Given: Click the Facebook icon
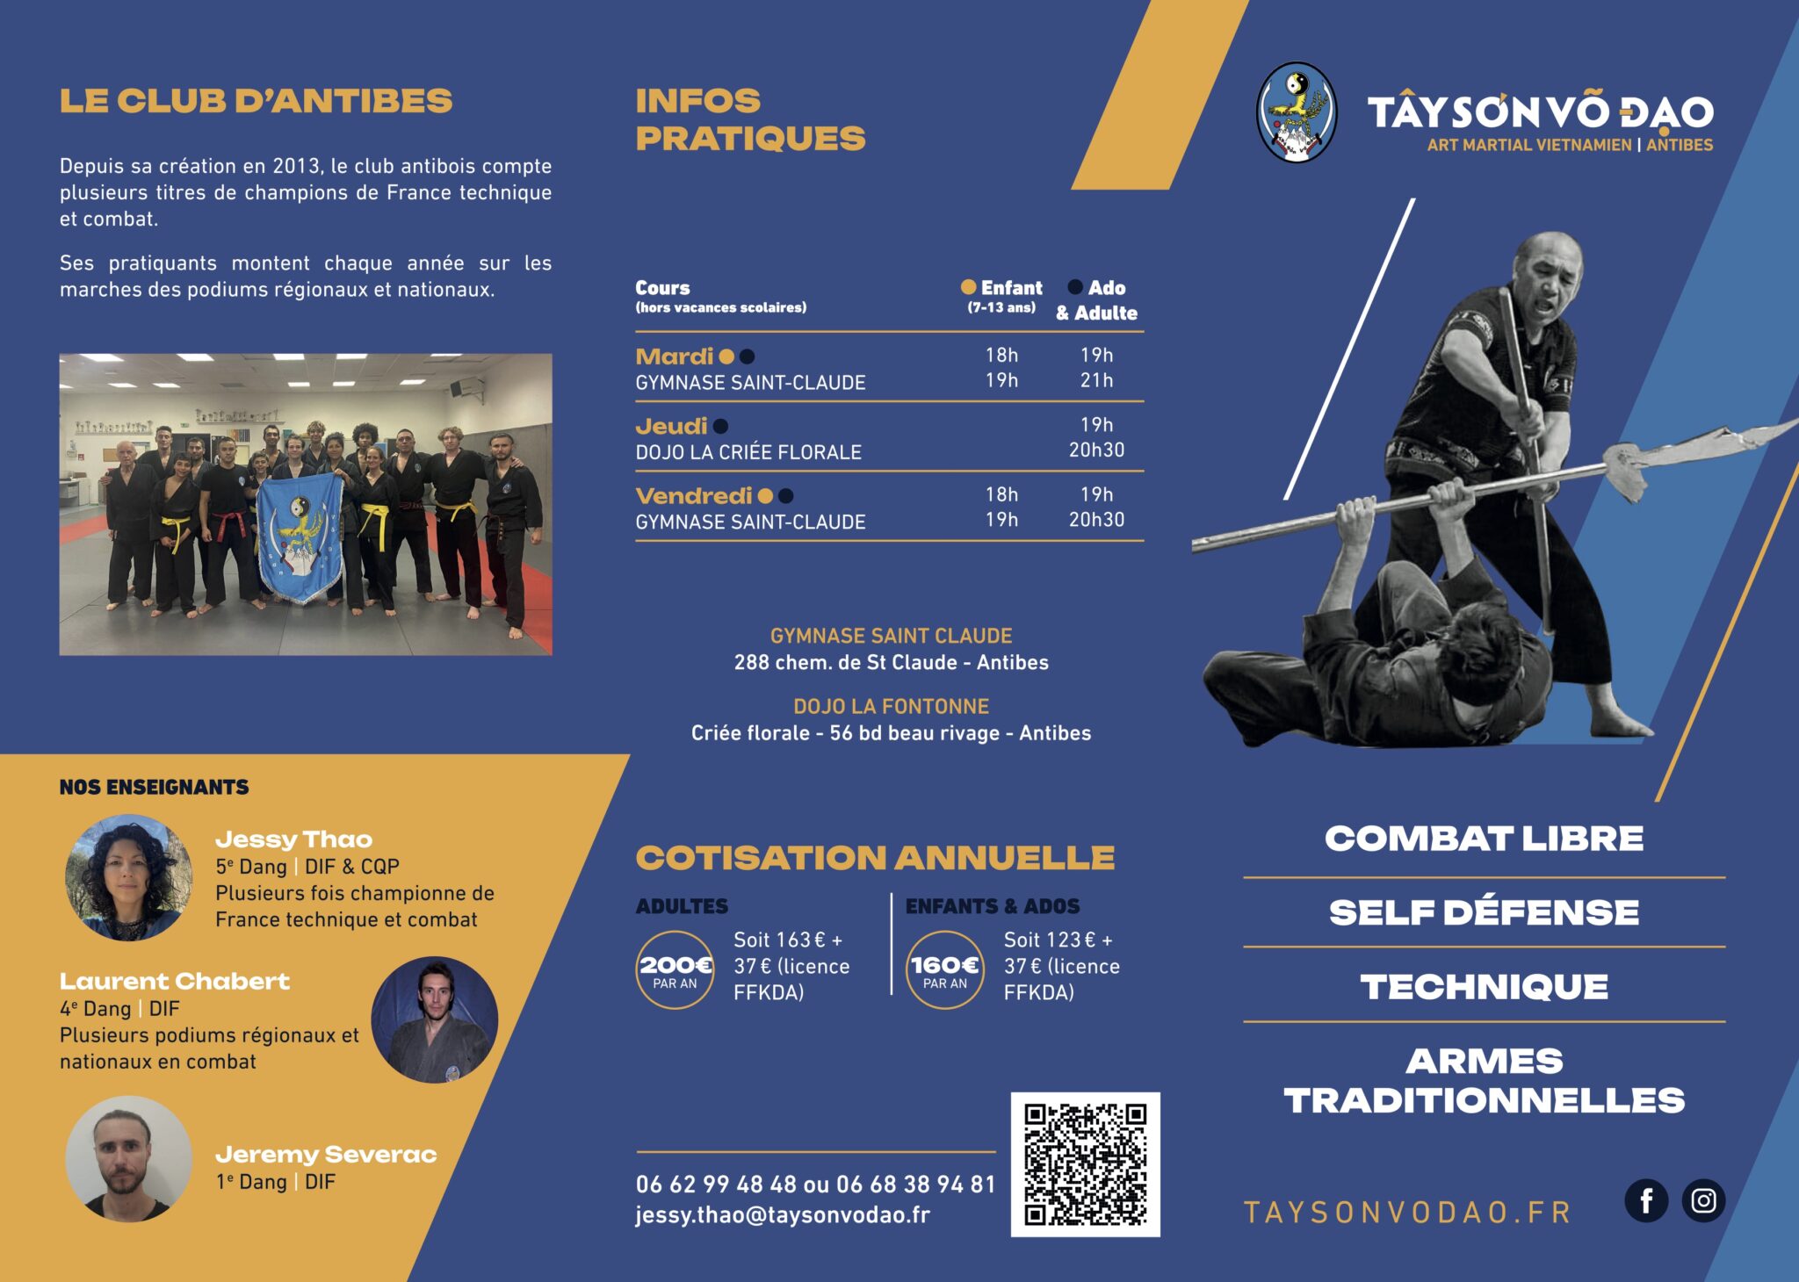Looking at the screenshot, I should click(1646, 1200).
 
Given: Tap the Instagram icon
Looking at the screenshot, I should click(1703, 1200).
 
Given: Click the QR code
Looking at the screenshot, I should click(1085, 1164).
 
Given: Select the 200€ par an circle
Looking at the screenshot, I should click(675, 970).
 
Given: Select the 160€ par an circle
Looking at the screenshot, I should click(944, 970).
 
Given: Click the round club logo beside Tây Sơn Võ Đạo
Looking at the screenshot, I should click(1297, 112).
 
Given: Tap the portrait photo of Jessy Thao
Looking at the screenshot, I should click(128, 877).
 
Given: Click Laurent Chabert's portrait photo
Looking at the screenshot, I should click(435, 1019).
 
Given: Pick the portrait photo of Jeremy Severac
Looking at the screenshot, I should click(128, 1158).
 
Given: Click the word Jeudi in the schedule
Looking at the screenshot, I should click(671, 427).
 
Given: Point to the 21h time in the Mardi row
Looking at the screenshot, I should click(1096, 380).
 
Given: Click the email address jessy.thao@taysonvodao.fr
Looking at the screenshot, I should click(783, 1215).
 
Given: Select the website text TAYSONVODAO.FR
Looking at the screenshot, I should click(1407, 1213).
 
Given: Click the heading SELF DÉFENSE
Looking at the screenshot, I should click(1484, 913).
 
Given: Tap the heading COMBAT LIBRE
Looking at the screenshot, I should click(1484, 839).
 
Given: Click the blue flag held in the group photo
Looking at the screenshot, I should click(300, 537).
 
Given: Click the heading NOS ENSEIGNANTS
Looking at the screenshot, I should click(154, 788).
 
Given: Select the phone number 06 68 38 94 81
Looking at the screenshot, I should click(915, 1185).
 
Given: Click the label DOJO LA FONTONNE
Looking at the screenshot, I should click(891, 707).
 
